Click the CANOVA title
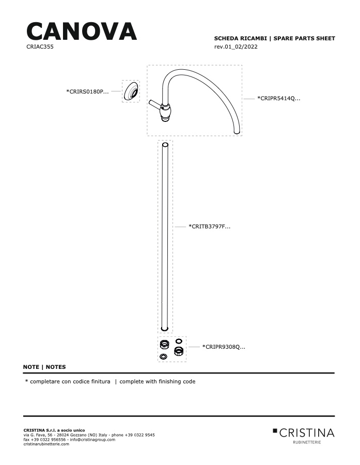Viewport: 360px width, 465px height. [x=82, y=31]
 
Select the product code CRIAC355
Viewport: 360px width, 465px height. [x=40, y=47]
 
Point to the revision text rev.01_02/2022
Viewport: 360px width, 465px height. [x=236, y=47]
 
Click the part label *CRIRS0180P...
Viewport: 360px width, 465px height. [x=87, y=91]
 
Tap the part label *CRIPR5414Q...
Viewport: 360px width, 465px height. [x=279, y=99]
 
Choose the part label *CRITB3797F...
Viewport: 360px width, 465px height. [x=209, y=227]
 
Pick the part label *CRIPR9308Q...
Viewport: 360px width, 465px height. [x=224, y=347]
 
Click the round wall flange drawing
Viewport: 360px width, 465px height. [x=131, y=91]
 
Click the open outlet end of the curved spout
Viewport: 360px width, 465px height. [x=237, y=132]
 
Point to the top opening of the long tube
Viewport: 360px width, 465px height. [x=165, y=145]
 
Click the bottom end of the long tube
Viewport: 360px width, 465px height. [x=165, y=329]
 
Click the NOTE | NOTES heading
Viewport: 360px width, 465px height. [x=44, y=367]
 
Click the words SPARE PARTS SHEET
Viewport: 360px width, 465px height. [x=304, y=38]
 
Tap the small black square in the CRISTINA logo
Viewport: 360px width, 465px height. [x=275, y=430]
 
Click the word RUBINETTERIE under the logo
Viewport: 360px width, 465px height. [x=307, y=442]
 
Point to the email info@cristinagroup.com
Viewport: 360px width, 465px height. [x=92, y=440]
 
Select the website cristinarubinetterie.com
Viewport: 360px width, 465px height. [x=46, y=444]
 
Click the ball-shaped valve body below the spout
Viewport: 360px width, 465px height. [x=165, y=112]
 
